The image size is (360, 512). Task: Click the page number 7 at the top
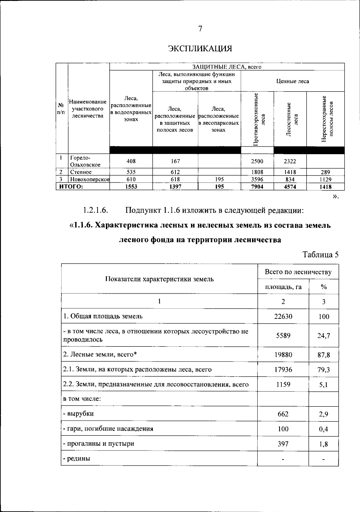coord(200,29)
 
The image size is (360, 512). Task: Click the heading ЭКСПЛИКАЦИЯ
coord(200,48)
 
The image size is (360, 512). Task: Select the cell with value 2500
coord(257,161)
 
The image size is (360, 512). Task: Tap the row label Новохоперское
coord(90,179)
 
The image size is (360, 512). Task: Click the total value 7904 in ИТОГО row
coord(257,187)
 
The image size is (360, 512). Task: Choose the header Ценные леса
coord(292,81)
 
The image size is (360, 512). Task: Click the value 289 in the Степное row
coord(325,172)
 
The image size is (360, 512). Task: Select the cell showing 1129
coord(325,179)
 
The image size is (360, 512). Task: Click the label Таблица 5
coord(321,255)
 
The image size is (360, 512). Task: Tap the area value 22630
coord(283,316)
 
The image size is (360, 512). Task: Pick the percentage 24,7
coord(324,336)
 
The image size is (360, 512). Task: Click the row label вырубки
coord(78,414)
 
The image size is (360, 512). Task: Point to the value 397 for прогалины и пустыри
coord(283,444)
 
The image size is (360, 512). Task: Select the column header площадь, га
coord(283,287)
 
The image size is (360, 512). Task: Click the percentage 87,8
coord(324,355)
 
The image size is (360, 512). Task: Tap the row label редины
coord(77,459)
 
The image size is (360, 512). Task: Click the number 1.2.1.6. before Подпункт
coord(95,210)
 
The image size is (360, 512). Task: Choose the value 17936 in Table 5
coord(283,370)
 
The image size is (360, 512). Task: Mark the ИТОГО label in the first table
coord(71,187)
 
